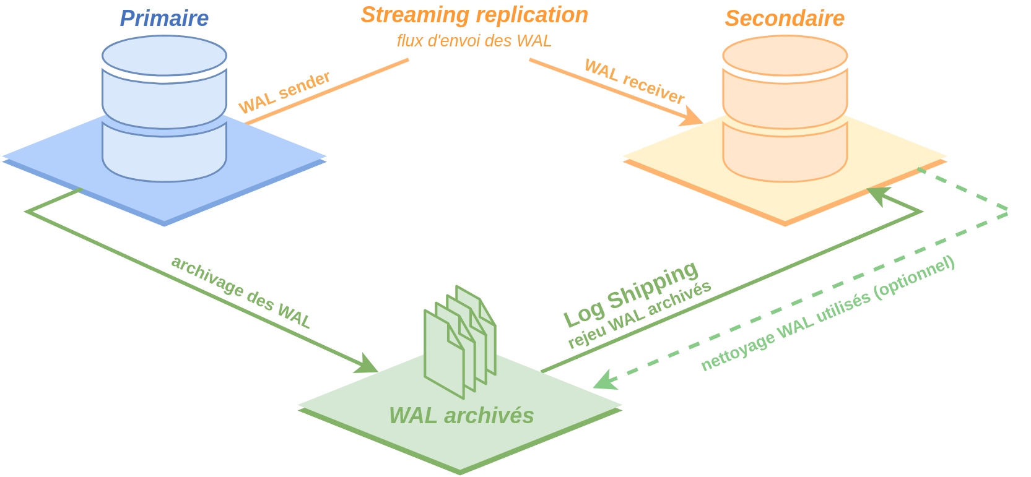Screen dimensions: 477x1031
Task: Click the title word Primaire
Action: click(164, 19)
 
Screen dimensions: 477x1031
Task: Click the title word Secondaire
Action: click(785, 19)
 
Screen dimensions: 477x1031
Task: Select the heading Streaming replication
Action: click(474, 15)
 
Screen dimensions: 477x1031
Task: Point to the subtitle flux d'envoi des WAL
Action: click(474, 41)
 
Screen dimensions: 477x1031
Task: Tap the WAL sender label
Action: click(285, 93)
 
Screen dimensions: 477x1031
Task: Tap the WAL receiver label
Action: click(635, 82)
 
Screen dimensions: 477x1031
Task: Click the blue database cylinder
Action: click(164, 108)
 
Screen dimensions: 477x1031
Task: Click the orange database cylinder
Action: click(785, 108)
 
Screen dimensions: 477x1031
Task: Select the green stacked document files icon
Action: click(459, 340)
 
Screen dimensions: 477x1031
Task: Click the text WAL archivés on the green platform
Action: click(461, 416)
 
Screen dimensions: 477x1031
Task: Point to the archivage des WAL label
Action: click(241, 292)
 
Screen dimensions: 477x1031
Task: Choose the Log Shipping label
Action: click(631, 294)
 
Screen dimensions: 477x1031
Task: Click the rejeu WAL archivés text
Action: click(640, 316)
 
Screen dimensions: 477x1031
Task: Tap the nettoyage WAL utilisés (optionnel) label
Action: click(828, 314)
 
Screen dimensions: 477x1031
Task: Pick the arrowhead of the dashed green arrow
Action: click(604, 381)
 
